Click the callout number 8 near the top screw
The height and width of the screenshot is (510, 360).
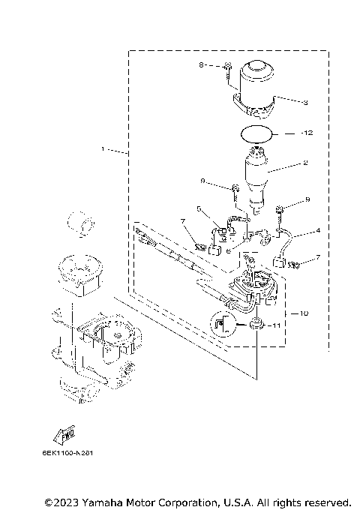point(202,66)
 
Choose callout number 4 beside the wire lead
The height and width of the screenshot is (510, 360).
point(317,230)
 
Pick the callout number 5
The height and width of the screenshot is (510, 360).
point(199,208)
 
